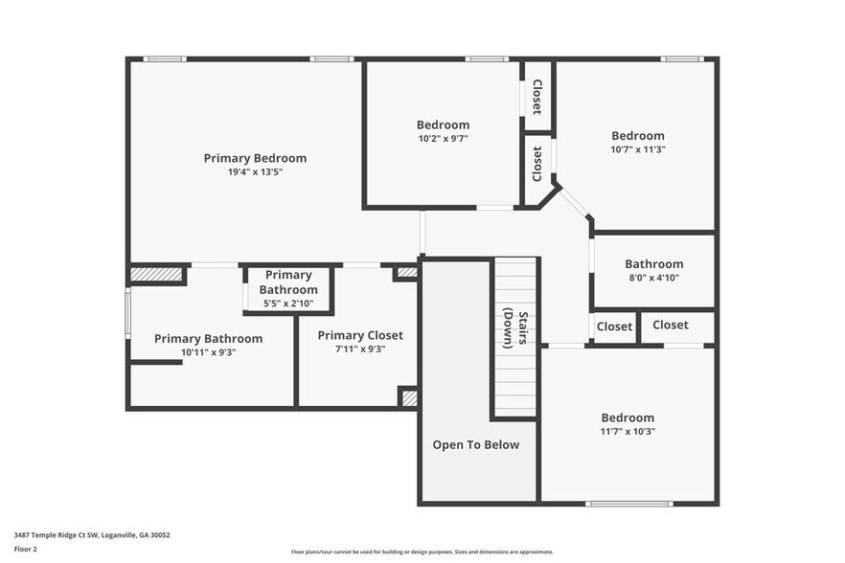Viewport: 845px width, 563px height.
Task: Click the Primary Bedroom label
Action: [255, 158]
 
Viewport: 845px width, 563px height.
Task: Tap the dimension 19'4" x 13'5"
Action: [255, 172]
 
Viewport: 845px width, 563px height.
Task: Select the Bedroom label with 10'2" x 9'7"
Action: [443, 124]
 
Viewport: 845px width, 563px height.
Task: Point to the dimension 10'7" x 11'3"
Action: [638, 149]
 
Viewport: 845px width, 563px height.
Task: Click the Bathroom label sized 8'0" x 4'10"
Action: [654, 264]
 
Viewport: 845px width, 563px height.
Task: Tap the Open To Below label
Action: [476, 444]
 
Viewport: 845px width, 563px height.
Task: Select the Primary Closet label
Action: [360, 335]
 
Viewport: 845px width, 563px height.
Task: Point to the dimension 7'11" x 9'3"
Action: [360, 350]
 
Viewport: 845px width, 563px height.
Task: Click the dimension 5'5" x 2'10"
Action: [288, 304]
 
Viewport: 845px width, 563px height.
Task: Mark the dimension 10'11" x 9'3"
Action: [208, 352]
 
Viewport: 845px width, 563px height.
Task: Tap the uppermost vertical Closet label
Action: [537, 97]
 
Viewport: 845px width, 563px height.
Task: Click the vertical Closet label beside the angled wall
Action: [537, 164]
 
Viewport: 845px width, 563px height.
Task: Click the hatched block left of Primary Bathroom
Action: [156, 275]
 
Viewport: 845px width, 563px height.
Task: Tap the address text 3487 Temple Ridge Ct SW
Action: [92, 535]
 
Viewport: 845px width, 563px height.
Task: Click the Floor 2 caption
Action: [25, 549]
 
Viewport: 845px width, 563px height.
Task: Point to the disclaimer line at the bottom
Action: [422, 552]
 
